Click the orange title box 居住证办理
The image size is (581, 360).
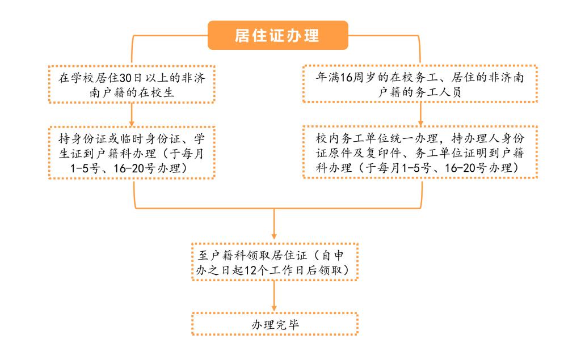point(277,35)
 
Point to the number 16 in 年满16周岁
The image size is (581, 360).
point(346,78)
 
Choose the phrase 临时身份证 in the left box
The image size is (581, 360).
point(150,139)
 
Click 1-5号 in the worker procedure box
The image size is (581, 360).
point(416,168)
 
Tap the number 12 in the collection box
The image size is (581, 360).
point(251,270)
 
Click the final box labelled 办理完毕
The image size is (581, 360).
point(275,324)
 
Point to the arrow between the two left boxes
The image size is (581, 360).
point(132,115)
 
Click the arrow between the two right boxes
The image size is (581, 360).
point(420,114)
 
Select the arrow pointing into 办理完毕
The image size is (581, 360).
point(274,296)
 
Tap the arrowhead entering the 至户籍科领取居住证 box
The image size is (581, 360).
point(274,236)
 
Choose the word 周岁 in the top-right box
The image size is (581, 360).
point(365,78)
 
